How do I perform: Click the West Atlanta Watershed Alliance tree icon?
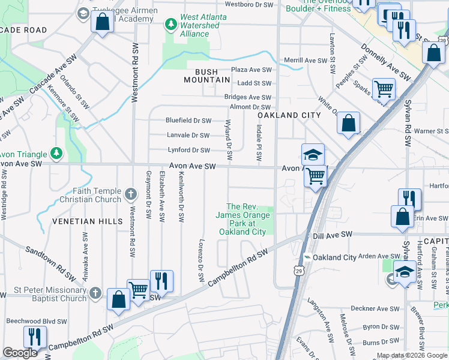171,23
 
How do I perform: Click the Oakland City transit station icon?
307,257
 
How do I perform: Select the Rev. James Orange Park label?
243,218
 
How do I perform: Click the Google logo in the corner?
20,353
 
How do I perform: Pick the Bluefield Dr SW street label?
188,121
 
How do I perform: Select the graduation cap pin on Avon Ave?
313,155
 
